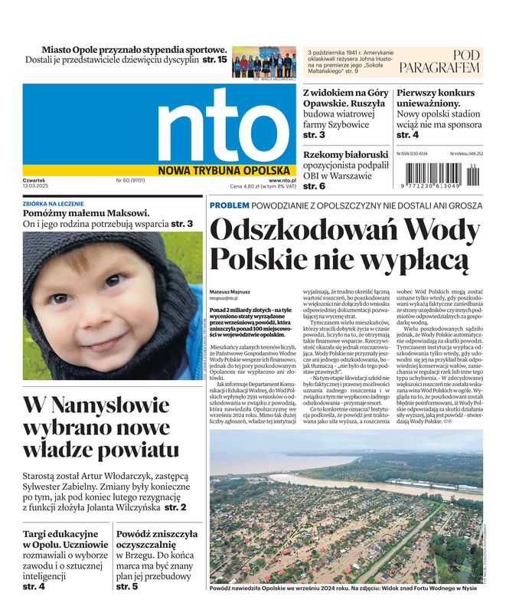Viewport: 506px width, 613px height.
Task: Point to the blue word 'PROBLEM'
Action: pyautogui.click(x=229, y=206)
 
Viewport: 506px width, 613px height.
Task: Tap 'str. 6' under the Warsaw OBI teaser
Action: pyautogui.click(x=314, y=186)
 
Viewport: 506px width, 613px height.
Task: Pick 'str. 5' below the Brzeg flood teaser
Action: pyautogui.click(x=127, y=586)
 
